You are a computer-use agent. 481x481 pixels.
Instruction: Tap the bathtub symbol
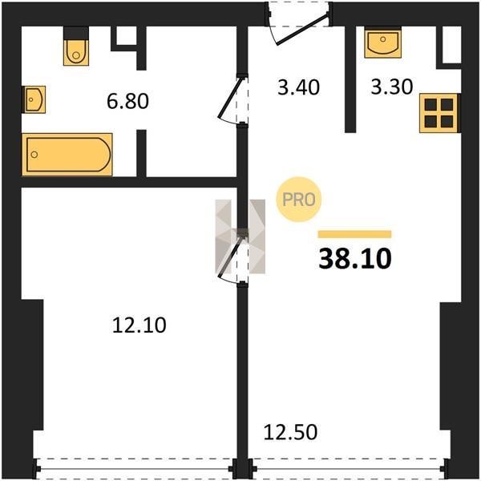[x=67, y=155]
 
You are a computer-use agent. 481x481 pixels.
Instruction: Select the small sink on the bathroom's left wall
[x=34, y=99]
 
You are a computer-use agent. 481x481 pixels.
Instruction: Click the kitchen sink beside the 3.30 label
[x=383, y=42]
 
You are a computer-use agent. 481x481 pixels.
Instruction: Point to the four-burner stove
[x=439, y=113]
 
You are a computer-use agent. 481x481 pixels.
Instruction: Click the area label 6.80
[x=127, y=101]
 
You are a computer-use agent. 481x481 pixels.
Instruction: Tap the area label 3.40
[x=298, y=87]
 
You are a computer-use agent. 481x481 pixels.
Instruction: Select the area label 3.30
[x=392, y=87]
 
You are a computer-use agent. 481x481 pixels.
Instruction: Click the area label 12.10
[x=139, y=325]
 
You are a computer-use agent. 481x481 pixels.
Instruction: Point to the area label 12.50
[x=290, y=432]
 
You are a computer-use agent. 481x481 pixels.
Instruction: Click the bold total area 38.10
[x=355, y=259]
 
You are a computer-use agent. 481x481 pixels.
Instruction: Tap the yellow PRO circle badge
[x=298, y=200]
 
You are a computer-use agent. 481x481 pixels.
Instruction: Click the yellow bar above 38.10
[x=354, y=234]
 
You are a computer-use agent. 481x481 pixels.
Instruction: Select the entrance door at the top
[x=302, y=27]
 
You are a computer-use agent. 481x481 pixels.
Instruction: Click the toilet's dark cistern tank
[x=76, y=33]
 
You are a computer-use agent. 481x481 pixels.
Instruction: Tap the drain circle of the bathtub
[x=34, y=154]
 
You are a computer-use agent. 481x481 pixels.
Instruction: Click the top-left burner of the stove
[x=431, y=104]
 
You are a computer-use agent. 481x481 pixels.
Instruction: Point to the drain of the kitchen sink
[x=382, y=39]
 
